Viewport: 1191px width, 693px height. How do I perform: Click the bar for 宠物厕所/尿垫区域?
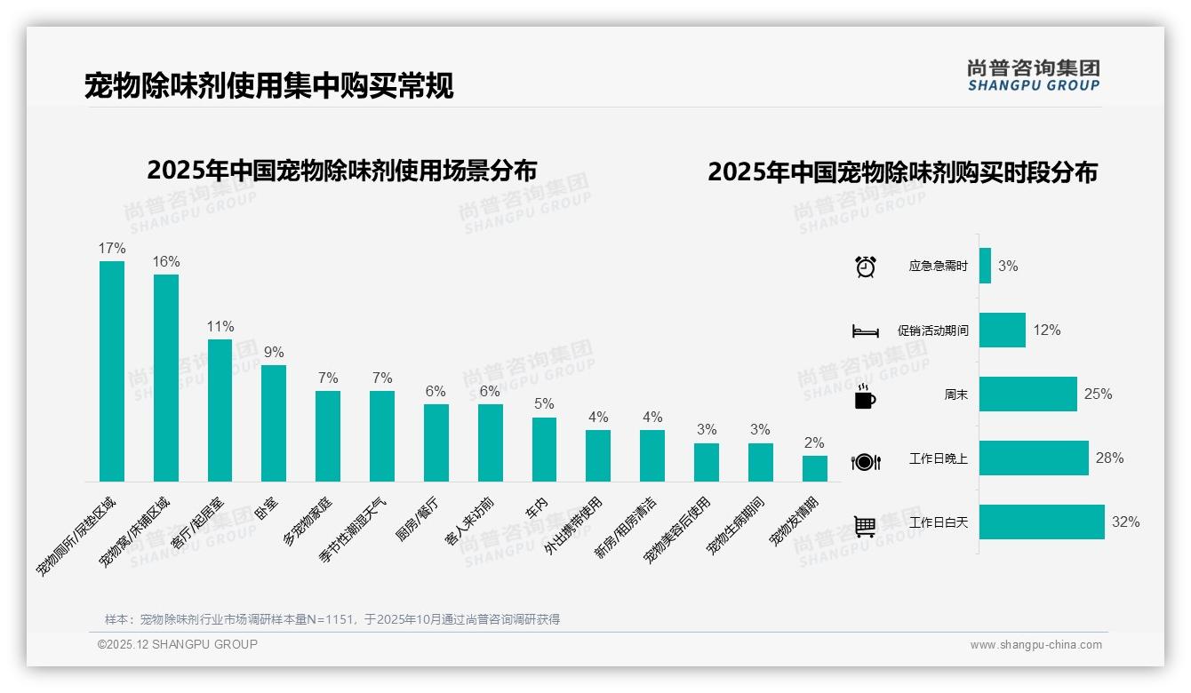(x=112, y=371)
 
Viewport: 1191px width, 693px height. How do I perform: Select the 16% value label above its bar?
(x=166, y=261)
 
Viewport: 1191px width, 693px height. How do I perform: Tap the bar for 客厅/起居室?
(x=220, y=410)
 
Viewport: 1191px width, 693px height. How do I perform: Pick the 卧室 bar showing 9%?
(x=274, y=423)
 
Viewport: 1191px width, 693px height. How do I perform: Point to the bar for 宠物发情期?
(x=814, y=468)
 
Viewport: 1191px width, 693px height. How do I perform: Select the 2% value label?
(x=814, y=442)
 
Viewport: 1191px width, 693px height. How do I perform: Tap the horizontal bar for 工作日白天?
(x=1042, y=522)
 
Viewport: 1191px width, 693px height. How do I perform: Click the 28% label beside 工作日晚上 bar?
(x=1109, y=458)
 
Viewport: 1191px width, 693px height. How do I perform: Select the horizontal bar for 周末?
(x=1027, y=394)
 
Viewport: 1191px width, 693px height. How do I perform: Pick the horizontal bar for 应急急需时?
(x=985, y=266)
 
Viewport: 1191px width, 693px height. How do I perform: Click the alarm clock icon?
(x=865, y=267)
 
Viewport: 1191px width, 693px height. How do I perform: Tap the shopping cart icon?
(x=865, y=526)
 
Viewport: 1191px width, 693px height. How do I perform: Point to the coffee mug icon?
(x=865, y=397)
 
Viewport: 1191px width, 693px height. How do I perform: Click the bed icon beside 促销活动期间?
(x=865, y=331)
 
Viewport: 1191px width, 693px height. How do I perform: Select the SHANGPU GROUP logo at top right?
(x=1033, y=76)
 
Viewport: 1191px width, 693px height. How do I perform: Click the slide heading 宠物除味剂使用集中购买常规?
(x=268, y=86)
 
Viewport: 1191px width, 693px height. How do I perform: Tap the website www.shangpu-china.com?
(x=1035, y=645)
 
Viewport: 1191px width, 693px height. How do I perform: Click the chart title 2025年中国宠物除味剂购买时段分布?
(x=902, y=172)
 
